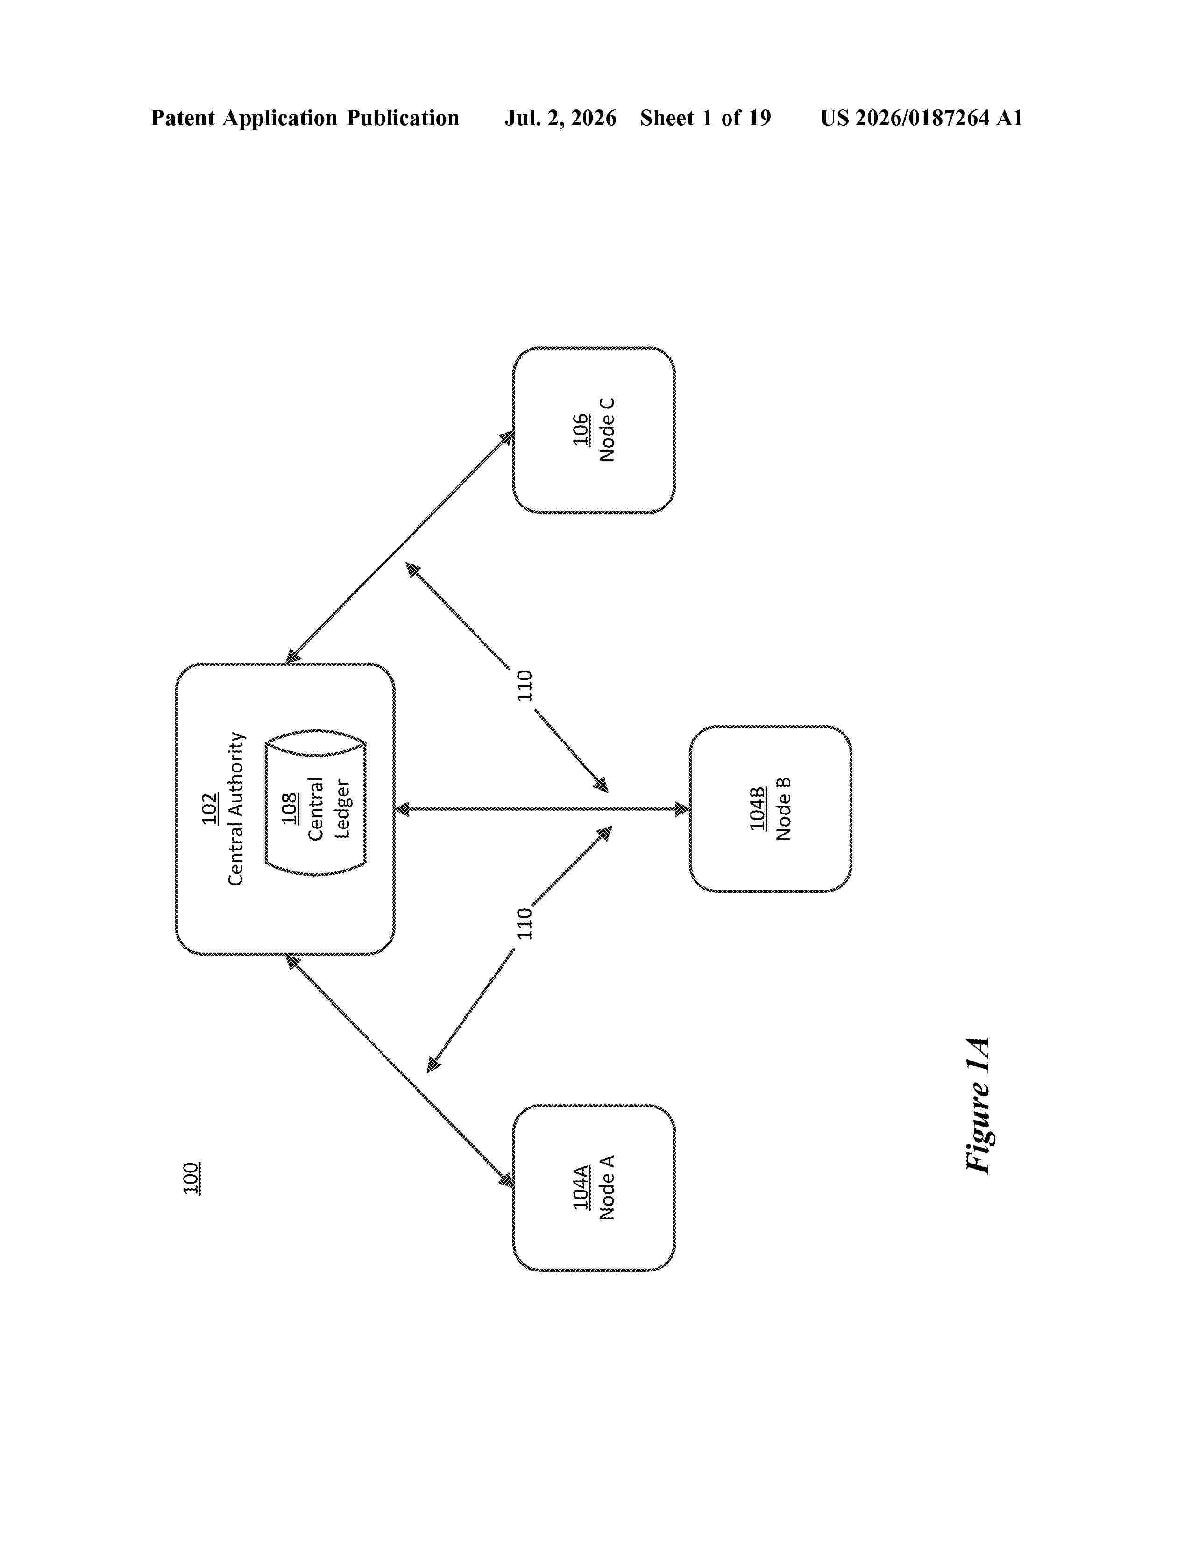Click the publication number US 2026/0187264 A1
coord(922,118)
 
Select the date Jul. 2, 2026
coord(560,118)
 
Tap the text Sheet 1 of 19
coord(706,118)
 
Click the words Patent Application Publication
coord(305,118)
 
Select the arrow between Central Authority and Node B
coord(542,809)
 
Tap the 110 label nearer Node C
coord(524,685)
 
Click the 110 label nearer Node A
coord(524,923)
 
